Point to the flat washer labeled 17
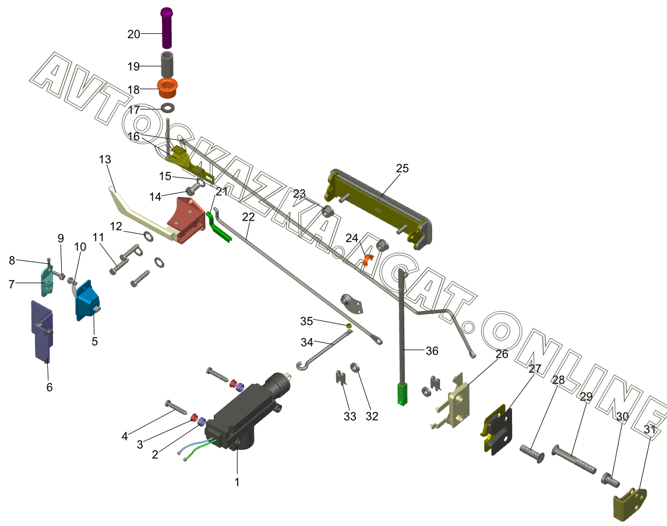tap(168, 108)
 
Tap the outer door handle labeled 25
tap(379, 207)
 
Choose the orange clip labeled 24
tap(366, 258)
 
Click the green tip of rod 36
tap(402, 393)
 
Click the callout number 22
tap(249, 217)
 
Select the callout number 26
tap(502, 354)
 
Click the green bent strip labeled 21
tap(219, 228)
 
